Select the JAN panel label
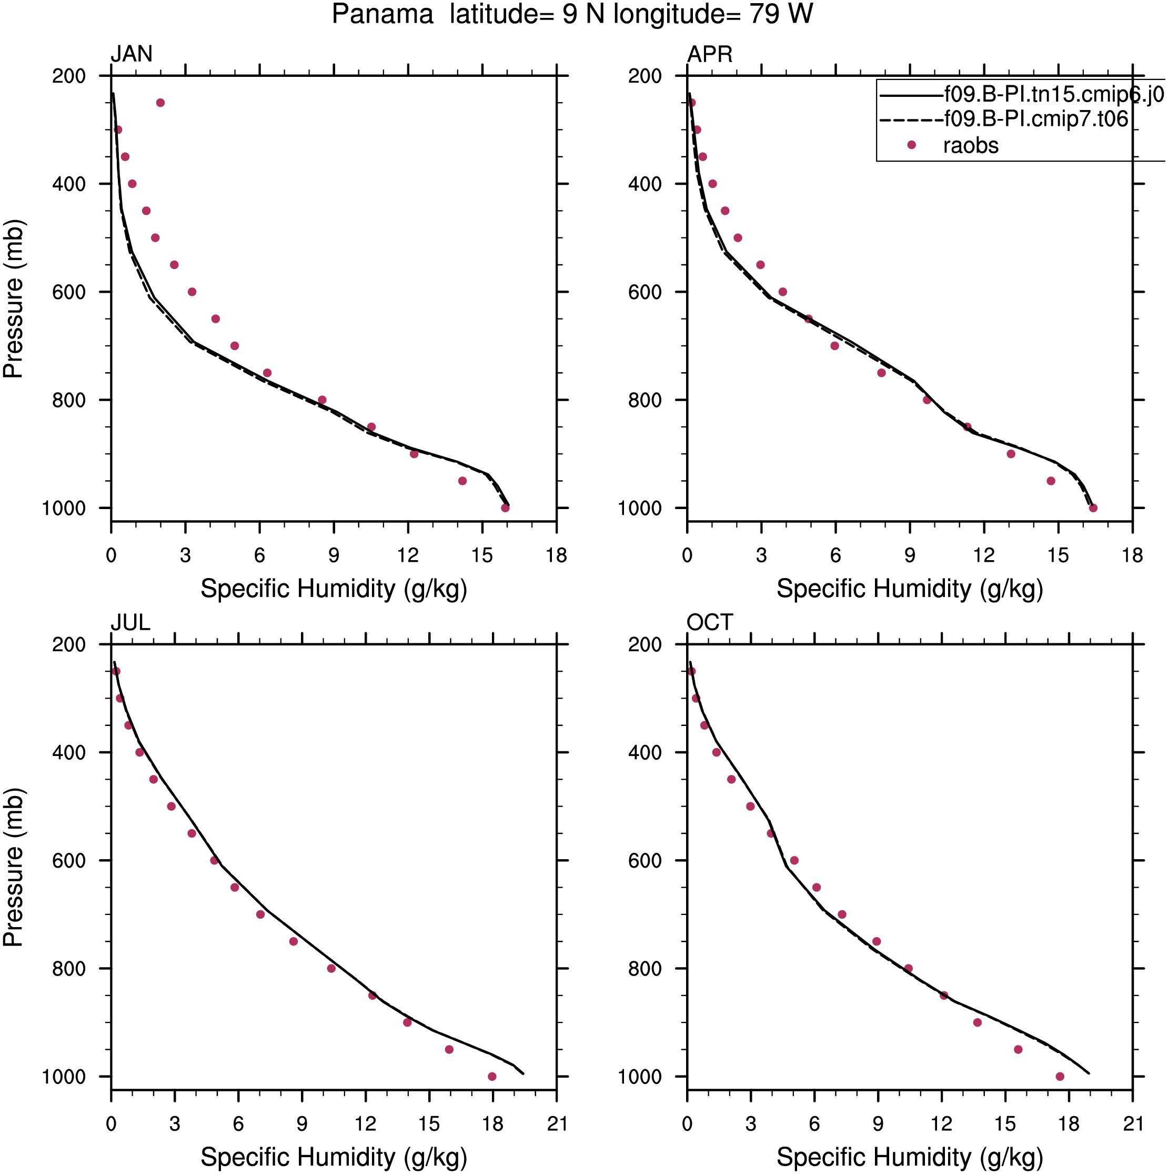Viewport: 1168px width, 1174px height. (x=131, y=54)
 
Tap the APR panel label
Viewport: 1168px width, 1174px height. (x=709, y=55)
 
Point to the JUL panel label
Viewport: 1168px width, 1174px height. (x=130, y=623)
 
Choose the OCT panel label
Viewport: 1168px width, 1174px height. (x=709, y=623)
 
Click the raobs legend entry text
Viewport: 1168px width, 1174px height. (x=971, y=146)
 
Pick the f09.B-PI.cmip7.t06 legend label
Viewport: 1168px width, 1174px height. (x=1035, y=119)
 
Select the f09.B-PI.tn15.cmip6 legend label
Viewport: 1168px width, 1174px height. (x=1054, y=94)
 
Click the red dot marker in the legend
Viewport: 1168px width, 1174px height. (x=911, y=145)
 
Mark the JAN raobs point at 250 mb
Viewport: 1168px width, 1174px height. (x=160, y=103)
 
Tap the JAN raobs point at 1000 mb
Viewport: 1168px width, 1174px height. (x=505, y=508)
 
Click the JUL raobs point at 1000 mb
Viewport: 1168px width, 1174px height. (x=492, y=1076)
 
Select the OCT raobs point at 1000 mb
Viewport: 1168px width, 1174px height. (x=1060, y=1076)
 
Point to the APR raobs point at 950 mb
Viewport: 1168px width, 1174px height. (x=1051, y=481)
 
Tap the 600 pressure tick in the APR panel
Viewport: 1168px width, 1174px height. (x=645, y=292)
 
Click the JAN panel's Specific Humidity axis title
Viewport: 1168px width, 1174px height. (x=334, y=589)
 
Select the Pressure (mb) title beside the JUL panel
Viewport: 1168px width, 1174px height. (x=13, y=868)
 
